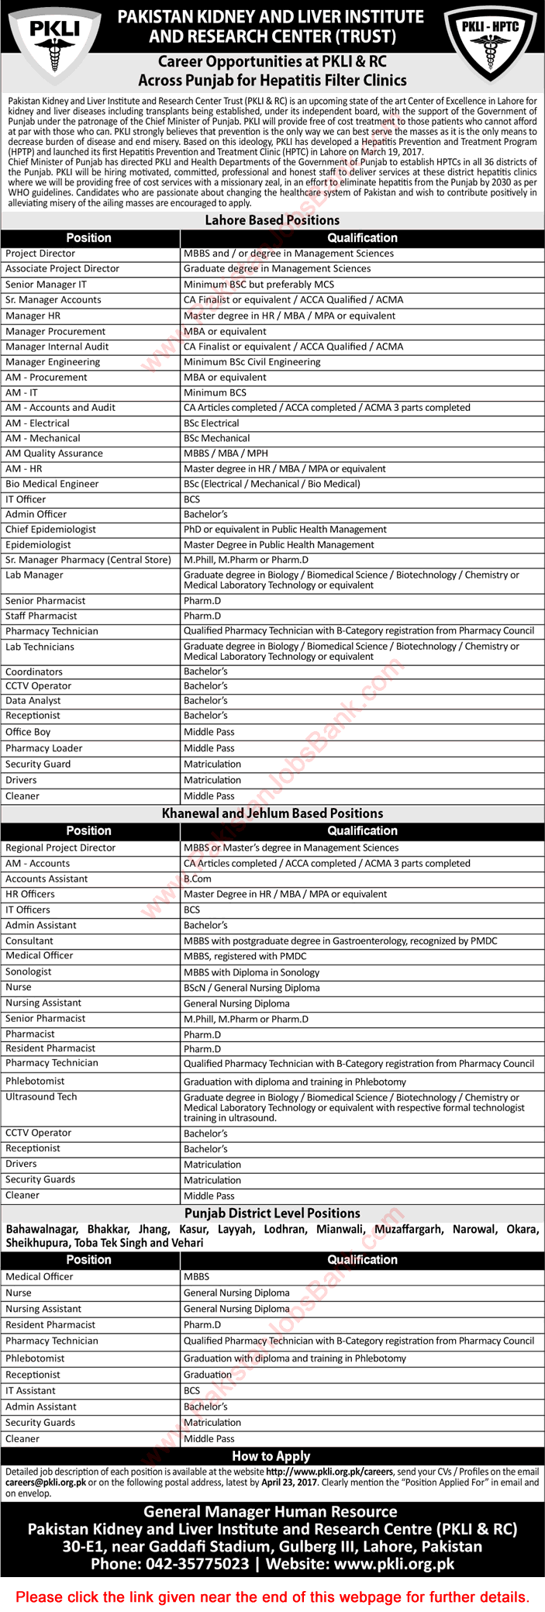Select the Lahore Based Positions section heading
point(272,220)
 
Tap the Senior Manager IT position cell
point(46,285)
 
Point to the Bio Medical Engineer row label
point(52,484)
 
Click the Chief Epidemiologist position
point(50,530)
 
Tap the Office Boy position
point(28,732)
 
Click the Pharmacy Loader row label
point(43,748)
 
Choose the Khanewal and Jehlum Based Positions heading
point(272,813)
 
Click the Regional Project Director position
point(60,848)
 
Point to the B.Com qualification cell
point(198,879)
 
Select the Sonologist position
point(29,972)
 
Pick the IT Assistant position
point(30,1391)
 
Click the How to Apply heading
point(271,1456)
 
